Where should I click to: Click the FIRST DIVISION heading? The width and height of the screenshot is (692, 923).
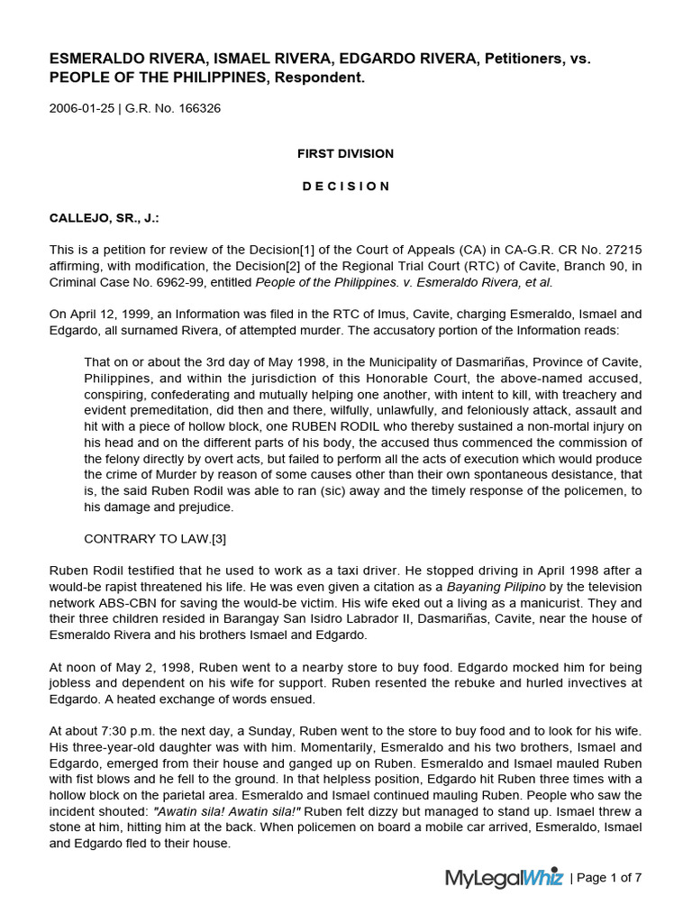point(345,153)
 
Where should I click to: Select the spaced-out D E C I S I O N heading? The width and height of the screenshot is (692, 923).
point(345,186)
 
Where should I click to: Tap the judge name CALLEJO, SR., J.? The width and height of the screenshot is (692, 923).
point(106,218)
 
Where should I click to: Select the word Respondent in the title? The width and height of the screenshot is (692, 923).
point(324,78)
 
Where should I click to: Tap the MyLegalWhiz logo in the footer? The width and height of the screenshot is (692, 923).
point(504,877)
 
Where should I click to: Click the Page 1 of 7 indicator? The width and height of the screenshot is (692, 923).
point(608,877)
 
